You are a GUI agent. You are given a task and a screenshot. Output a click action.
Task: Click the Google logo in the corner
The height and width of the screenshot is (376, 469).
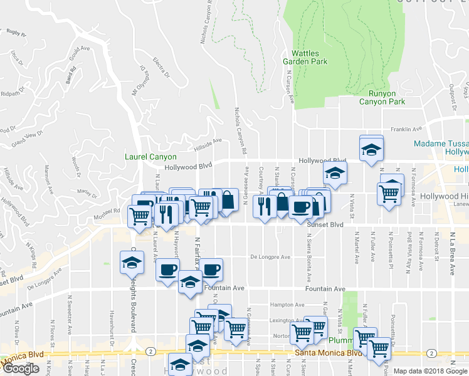[21, 368]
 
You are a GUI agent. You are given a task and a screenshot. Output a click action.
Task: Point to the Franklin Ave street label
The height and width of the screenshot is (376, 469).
[406, 129]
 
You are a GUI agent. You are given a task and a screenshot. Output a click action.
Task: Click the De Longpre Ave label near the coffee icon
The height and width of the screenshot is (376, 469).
[270, 257]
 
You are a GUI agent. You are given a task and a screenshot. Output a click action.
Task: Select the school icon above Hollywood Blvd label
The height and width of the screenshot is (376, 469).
[371, 150]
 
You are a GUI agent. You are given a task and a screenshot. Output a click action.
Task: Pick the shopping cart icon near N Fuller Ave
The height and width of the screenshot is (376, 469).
[364, 338]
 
